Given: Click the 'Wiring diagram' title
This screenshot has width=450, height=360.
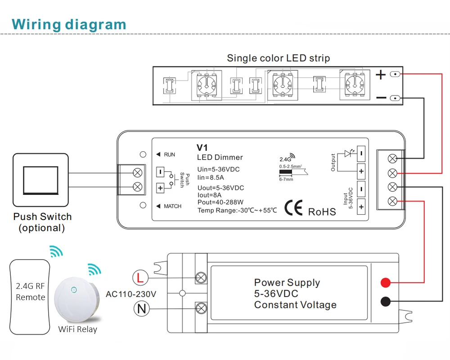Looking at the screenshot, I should click(69, 24).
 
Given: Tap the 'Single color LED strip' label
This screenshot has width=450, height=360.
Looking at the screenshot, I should click(278, 58).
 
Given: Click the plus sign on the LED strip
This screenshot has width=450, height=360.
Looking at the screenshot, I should click(381, 74).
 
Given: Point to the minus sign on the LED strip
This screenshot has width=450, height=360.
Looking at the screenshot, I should click(381, 98).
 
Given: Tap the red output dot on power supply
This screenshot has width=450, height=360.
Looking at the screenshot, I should click(385, 283).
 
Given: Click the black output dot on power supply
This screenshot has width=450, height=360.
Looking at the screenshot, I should click(385, 301).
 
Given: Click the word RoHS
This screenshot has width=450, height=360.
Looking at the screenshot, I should click(322, 211).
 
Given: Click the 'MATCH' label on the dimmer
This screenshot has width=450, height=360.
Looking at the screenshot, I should click(172, 206).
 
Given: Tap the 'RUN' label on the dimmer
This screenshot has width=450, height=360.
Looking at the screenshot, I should click(169, 155).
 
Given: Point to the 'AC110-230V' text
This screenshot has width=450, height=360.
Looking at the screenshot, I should click(131, 294).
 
